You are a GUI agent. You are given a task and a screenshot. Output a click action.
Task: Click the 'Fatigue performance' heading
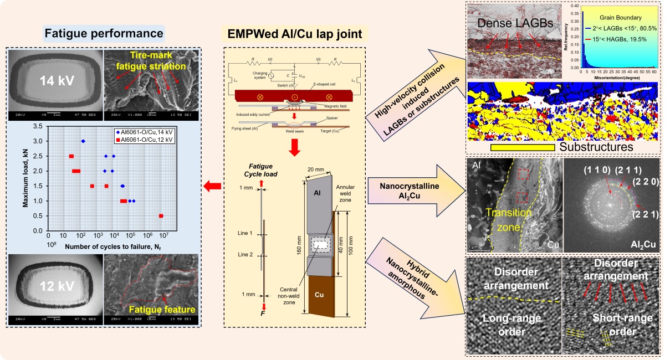point(104,33)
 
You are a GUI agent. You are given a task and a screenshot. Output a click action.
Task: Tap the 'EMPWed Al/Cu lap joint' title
point(295,34)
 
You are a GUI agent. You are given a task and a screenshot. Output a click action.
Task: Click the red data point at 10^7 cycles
point(161,215)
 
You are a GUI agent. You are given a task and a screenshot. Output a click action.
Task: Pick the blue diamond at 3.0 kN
point(83,141)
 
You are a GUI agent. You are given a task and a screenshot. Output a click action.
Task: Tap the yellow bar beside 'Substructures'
point(523,147)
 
